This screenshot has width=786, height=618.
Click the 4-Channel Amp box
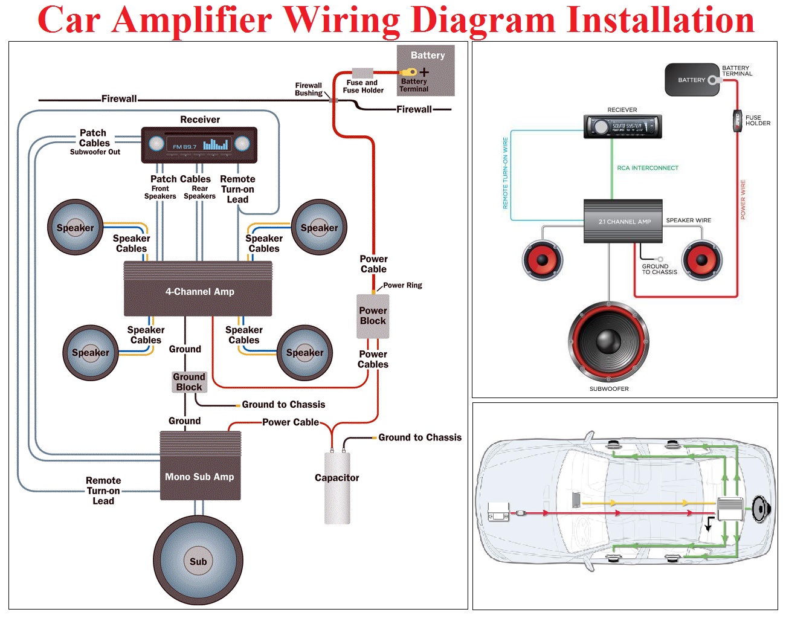198,289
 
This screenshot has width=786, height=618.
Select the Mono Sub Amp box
200,465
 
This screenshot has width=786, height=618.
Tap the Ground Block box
189,382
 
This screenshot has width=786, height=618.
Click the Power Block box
373,317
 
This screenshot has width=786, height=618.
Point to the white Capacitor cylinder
337,488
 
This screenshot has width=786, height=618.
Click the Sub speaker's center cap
198,561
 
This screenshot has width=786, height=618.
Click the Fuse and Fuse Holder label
362,86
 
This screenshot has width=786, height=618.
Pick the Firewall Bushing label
309,89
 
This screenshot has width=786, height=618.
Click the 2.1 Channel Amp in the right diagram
623,221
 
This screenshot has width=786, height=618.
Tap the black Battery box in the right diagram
692,80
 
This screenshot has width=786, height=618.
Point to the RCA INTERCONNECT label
648,168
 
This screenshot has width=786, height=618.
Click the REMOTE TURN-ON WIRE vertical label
505,173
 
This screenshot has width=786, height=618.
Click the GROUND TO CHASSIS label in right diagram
659,269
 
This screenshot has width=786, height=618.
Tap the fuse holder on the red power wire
738,120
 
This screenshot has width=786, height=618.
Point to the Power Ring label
402,285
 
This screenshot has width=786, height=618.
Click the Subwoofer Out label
95,152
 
